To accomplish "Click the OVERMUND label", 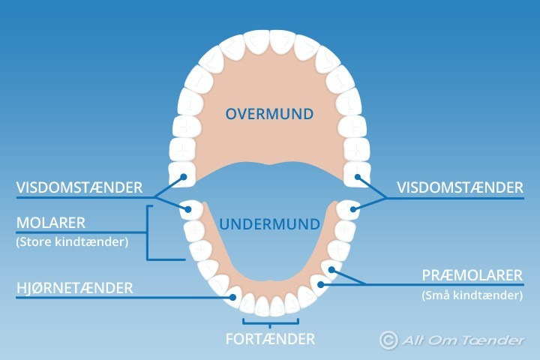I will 269,114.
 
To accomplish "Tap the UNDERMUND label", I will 270,224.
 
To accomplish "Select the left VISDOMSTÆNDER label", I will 79,187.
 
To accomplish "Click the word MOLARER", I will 50,223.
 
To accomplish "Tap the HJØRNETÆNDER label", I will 74,287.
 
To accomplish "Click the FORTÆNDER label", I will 270,338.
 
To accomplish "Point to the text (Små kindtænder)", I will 472,295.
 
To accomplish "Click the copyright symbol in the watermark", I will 388,340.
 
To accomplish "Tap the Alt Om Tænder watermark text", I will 462,340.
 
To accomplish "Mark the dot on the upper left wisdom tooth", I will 183,178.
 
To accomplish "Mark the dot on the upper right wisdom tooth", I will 358,178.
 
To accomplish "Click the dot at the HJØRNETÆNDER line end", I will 233,297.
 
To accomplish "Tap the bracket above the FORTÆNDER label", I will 270,324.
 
